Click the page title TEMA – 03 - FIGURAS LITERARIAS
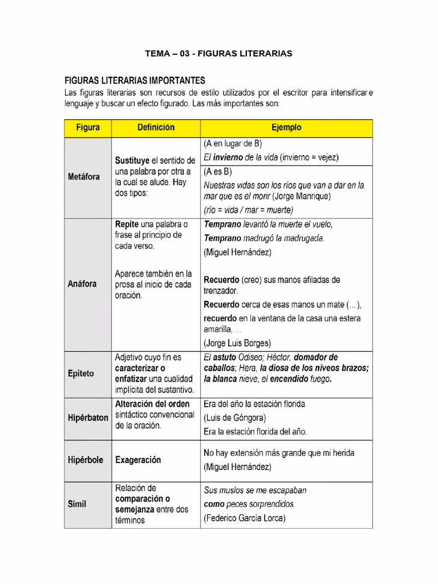(x=218, y=53)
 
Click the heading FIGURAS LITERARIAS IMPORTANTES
(x=135, y=80)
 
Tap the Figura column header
(x=88, y=128)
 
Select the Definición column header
(x=156, y=128)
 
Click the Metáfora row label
(x=84, y=177)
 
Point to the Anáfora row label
(x=82, y=283)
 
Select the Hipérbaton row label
(x=88, y=417)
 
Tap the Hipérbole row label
(x=86, y=460)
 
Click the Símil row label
(x=78, y=504)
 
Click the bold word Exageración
(x=138, y=460)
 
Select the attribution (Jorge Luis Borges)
(x=237, y=343)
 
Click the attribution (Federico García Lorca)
(x=244, y=518)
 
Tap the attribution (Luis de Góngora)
(x=234, y=418)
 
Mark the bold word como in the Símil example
(x=214, y=504)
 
